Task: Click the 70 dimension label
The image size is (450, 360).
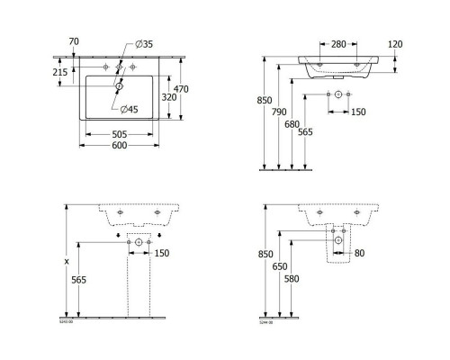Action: [74, 41]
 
